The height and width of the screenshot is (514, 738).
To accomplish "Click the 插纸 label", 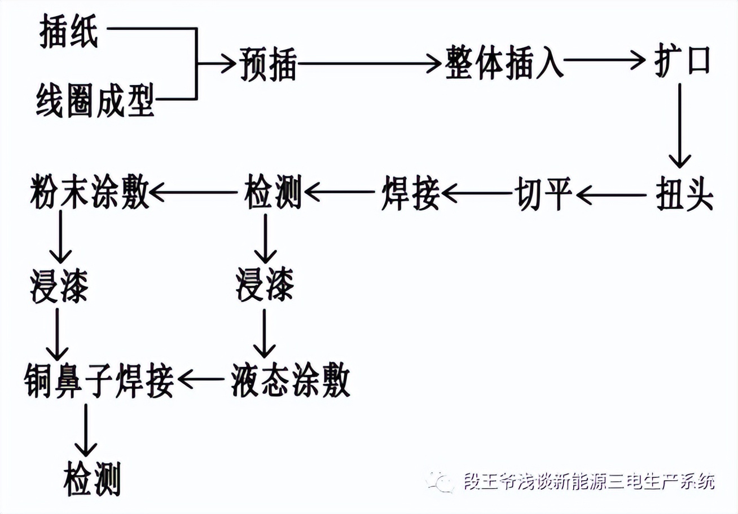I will (68, 33).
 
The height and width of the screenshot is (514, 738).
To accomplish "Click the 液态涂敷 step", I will (291, 380).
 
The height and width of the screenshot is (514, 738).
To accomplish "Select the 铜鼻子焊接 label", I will (98, 380).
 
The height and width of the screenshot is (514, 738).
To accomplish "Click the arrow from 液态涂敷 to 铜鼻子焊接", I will (201, 380).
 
